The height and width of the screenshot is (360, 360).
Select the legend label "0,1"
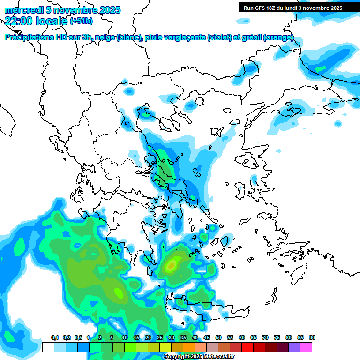point(55,338)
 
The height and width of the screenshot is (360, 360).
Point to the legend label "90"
point(312,338)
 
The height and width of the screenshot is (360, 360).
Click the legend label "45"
point(207,338)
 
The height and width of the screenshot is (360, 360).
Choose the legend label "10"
point(125,338)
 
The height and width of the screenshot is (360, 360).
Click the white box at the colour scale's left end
point(48,347)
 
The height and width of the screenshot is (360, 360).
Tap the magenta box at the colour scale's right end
point(306,347)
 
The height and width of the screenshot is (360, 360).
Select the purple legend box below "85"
point(294,347)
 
